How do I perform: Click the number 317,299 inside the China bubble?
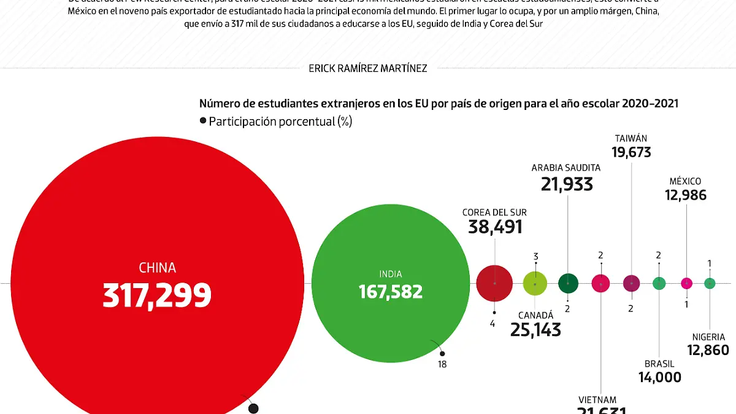[x=157, y=295]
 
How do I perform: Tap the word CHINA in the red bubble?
[x=157, y=268]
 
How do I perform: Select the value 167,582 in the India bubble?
[x=391, y=291]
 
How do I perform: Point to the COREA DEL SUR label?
[x=494, y=213]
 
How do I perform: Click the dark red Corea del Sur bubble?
[x=494, y=283]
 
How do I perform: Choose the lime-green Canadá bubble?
[x=535, y=283]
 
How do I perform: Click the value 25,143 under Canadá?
[x=535, y=330]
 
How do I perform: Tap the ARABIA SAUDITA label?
[x=566, y=167]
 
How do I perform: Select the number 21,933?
[x=567, y=184]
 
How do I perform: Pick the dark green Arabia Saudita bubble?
[x=568, y=283]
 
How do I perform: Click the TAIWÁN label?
[x=631, y=138]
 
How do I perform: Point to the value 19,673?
[x=631, y=152]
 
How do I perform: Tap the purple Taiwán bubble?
[x=631, y=283]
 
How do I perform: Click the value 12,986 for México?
[x=686, y=195]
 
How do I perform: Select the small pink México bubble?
[x=687, y=283]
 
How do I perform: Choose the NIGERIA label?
[x=708, y=337]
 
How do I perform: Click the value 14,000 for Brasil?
[x=659, y=377]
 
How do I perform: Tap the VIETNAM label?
[x=597, y=400]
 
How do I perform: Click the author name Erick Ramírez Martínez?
[x=368, y=68]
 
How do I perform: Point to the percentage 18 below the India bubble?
[x=442, y=364]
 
